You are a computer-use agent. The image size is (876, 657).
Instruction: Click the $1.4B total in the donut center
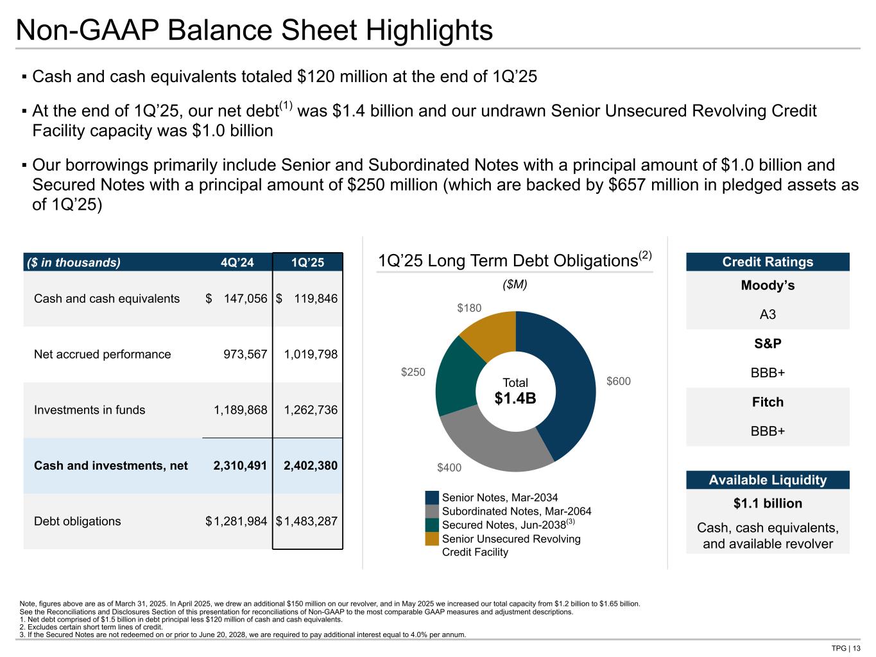point(515,398)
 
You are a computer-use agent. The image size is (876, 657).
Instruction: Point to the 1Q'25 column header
point(307,262)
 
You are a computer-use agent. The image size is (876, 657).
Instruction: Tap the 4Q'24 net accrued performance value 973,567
point(240,354)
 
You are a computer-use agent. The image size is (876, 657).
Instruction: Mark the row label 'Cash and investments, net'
point(111,465)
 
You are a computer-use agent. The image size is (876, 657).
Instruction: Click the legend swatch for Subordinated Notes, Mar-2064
point(433,511)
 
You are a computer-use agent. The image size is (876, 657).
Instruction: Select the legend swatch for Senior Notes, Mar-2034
point(433,498)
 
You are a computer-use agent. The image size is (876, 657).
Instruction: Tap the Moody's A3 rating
point(768,314)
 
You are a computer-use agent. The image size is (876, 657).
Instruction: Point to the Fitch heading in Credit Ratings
point(768,402)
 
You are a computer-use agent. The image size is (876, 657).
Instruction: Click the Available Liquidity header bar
point(768,480)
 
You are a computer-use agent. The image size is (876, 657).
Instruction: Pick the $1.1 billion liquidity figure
point(768,504)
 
